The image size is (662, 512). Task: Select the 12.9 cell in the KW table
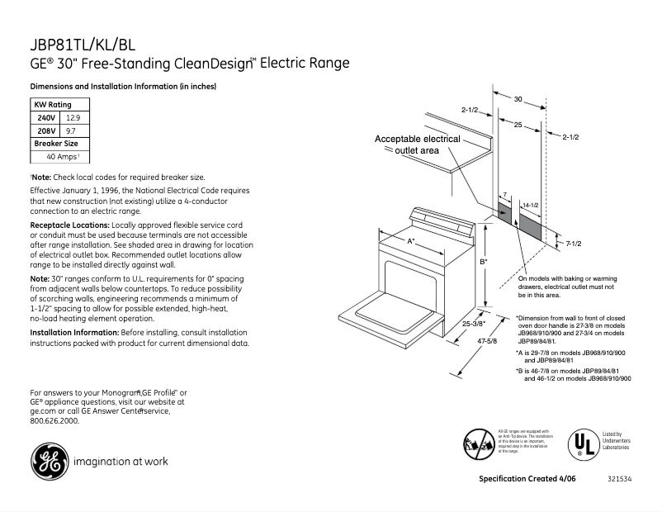pyautogui.click(x=73, y=118)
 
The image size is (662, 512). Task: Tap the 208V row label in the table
pyautogui.click(x=45, y=130)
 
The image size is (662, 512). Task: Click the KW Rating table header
pyautogui.click(x=52, y=105)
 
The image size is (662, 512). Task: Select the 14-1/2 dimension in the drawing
pyautogui.click(x=530, y=204)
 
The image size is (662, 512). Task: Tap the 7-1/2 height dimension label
pyautogui.click(x=575, y=243)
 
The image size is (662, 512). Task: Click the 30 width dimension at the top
pyautogui.click(x=518, y=99)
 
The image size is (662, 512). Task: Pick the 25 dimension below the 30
pyautogui.click(x=517, y=125)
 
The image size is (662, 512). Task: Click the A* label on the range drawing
pyautogui.click(x=411, y=240)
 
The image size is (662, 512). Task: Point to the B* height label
pyautogui.click(x=484, y=262)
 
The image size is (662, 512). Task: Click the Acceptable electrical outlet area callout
pyautogui.click(x=418, y=145)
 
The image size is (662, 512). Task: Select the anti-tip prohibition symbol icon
pyautogui.click(x=478, y=444)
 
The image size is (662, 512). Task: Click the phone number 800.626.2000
pyautogui.click(x=54, y=420)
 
